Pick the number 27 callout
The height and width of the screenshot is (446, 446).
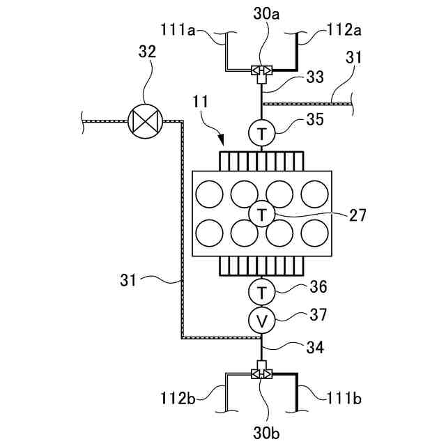[x=357, y=215]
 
